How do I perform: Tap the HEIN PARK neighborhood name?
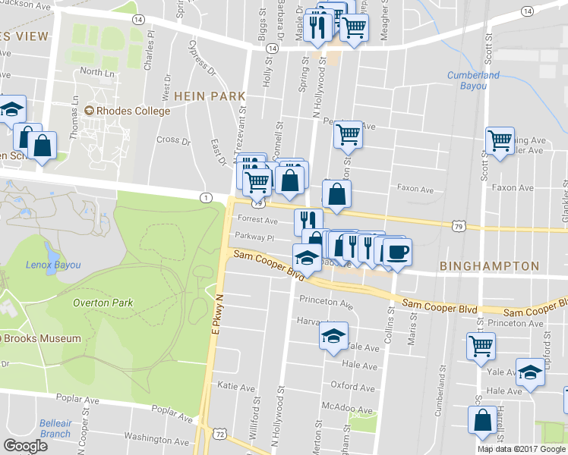coord(210,96)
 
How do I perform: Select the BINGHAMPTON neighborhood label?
coord(489,267)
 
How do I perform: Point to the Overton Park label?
coord(103,303)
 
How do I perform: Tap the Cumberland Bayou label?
coord(473,80)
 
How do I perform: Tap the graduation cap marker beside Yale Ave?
coord(332,336)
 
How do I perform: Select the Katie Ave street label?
coord(236,386)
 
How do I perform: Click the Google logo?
coord(26,445)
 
